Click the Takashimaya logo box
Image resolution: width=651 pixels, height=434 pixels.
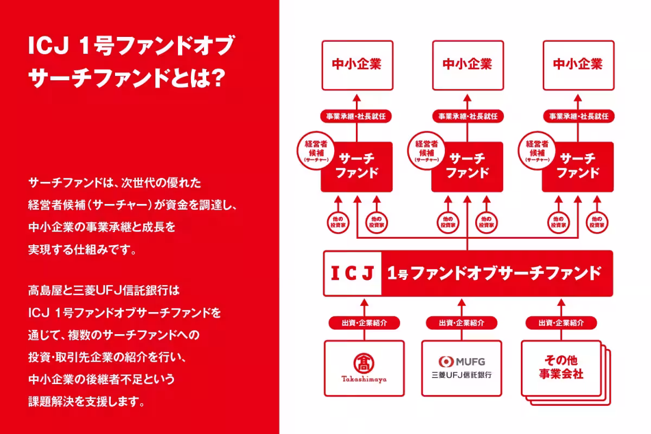coord(364,368)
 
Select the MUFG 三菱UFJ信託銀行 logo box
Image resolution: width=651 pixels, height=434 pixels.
coord(462,368)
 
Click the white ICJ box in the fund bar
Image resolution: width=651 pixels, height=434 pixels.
coord(352,273)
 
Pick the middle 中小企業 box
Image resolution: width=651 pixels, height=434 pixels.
coord(467,65)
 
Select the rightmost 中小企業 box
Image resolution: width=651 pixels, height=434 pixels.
coord(578,65)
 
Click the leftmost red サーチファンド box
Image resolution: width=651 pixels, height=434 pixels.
coord(356,166)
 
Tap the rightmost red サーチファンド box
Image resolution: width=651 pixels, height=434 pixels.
coord(578,166)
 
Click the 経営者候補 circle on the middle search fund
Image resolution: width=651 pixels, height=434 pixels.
coord(426,151)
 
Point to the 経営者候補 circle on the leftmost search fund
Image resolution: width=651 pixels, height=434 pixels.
coord(315,151)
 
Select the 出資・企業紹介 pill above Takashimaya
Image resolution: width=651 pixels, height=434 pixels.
coord(364,323)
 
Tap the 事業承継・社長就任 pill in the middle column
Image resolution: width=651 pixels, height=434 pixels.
coord(468,116)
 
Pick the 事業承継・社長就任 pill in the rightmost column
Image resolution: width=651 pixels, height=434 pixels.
coord(578,116)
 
